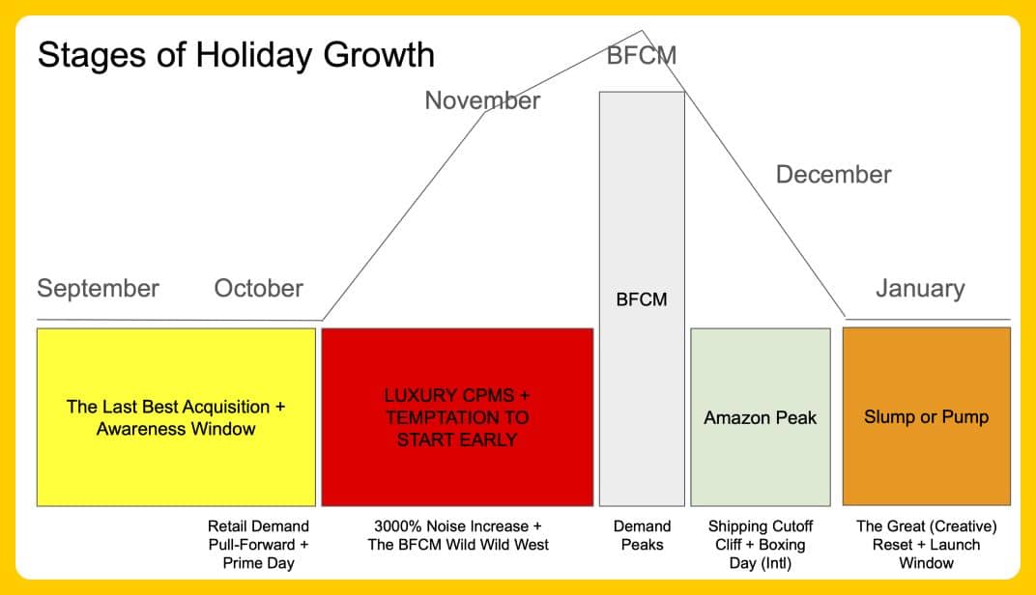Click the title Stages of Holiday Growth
coord(236,55)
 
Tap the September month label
coord(98,289)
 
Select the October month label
coord(258,288)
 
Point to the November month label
coord(482,100)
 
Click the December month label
coord(833,174)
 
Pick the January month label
coord(920,289)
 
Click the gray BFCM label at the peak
coord(642,55)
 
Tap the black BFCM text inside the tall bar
coord(642,299)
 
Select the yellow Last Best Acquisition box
coord(177,417)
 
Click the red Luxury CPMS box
coord(457,417)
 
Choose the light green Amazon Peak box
coord(761,417)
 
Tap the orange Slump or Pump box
coord(927,416)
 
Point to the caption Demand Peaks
coord(643,535)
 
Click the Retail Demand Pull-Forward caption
coord(258,545)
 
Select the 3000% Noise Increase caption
coord(458,535)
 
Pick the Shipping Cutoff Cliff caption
coord(761,545)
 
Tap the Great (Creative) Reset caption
coord(927,545)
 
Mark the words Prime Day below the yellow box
coord(258,563)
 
